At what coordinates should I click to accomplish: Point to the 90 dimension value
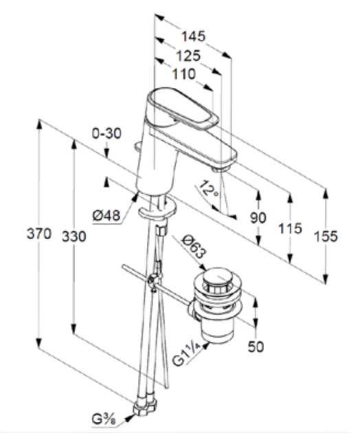(258, 218)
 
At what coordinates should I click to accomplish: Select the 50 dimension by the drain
(256, 347)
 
